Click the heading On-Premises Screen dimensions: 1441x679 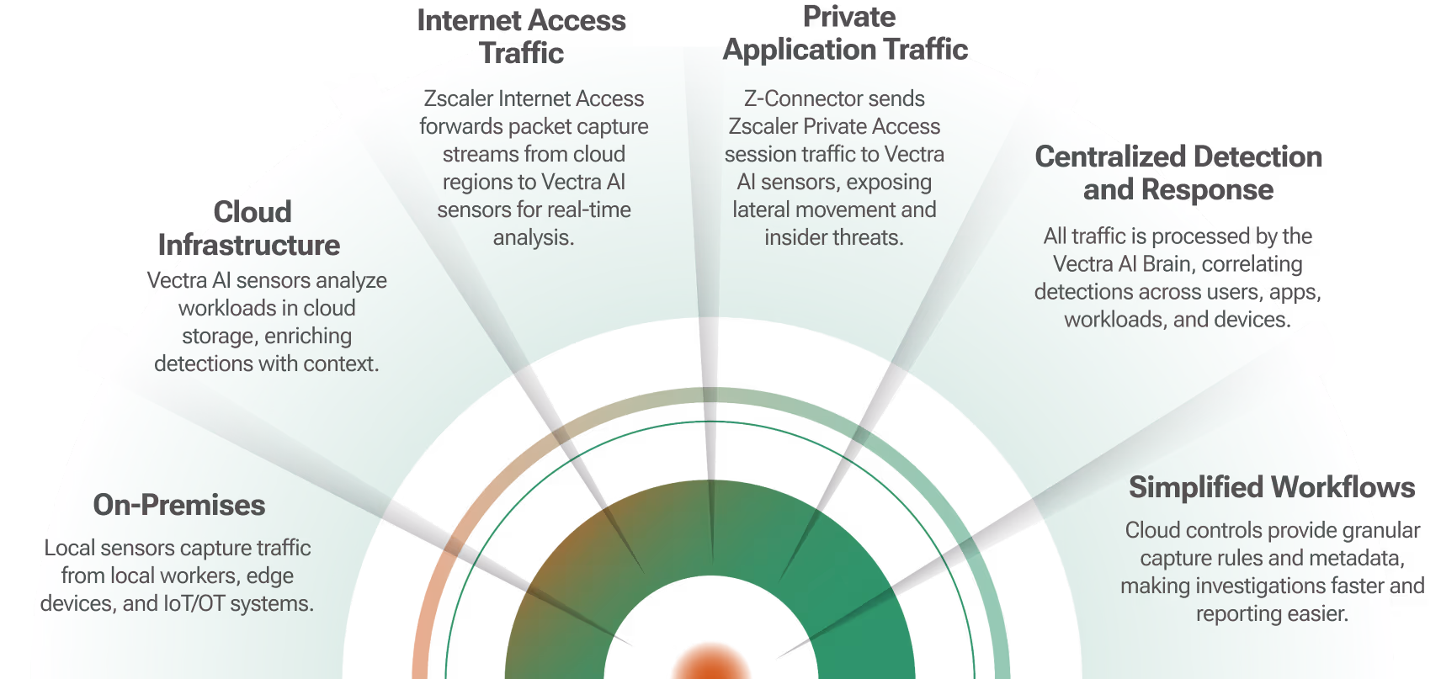[x=179, y=505]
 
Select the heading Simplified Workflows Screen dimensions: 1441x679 [x=1272, y=487]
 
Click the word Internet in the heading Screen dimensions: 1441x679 [x=468, y=20]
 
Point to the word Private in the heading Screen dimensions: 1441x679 [x=848, y=17]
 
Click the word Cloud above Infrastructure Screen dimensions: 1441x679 [x=253, y=212]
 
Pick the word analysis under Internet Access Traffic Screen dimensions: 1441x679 [x=533, y=238]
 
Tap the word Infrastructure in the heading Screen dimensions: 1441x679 [x=249, y=246]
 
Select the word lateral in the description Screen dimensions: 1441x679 [x=761, y=210]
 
